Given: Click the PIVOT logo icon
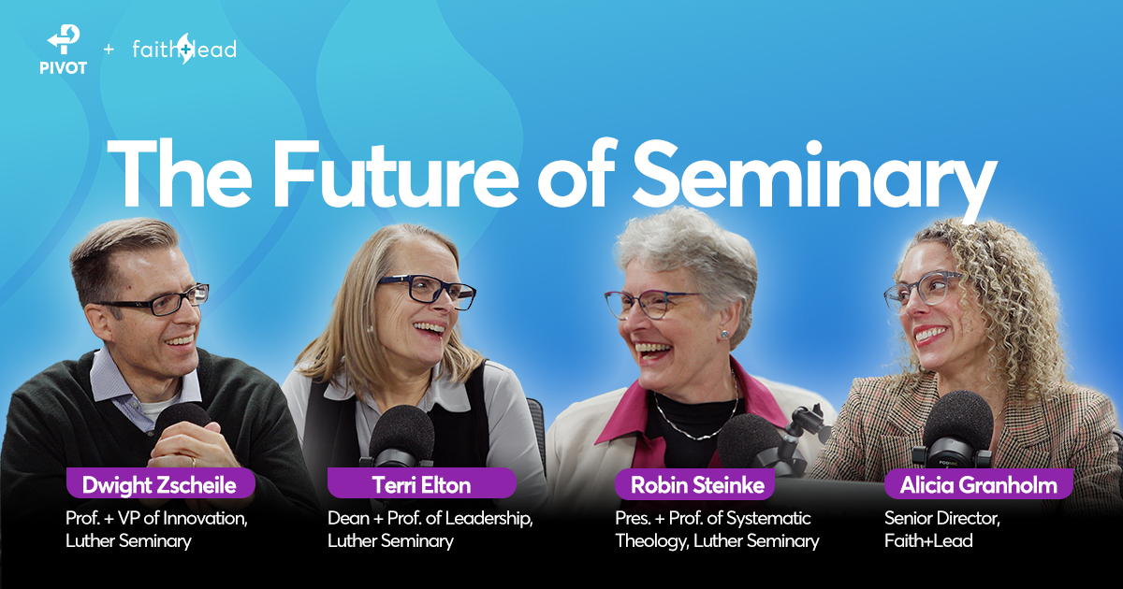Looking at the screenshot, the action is pyautogui.click(x=64, y=39).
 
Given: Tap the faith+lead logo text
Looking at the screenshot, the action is pyautogui.click(x=184, y=49).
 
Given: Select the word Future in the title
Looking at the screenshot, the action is pyautogui.click(x=395, y=173).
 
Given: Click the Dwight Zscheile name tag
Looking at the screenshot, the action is pyautogui.click(x=160, y=483).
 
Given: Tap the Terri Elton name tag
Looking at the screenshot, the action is pyautogui.click(x=422, y=483).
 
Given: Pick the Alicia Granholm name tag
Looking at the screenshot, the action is pyautogui.click(x=979, y=484).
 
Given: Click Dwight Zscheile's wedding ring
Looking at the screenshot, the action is pyautogui.click(x=194, y=461).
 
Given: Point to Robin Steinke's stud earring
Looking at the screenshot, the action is pyautogui.click(x=723, y=334).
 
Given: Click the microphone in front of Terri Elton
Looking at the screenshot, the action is pyautogui.click(x=401, y=437).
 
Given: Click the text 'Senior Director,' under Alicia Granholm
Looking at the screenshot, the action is pyautogui.click(x=942, y=518).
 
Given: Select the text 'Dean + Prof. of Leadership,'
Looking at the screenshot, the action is pyautogui.click(x=430, y=518).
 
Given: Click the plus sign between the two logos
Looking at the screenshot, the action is pyautogui.click(x=109, y=49).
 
